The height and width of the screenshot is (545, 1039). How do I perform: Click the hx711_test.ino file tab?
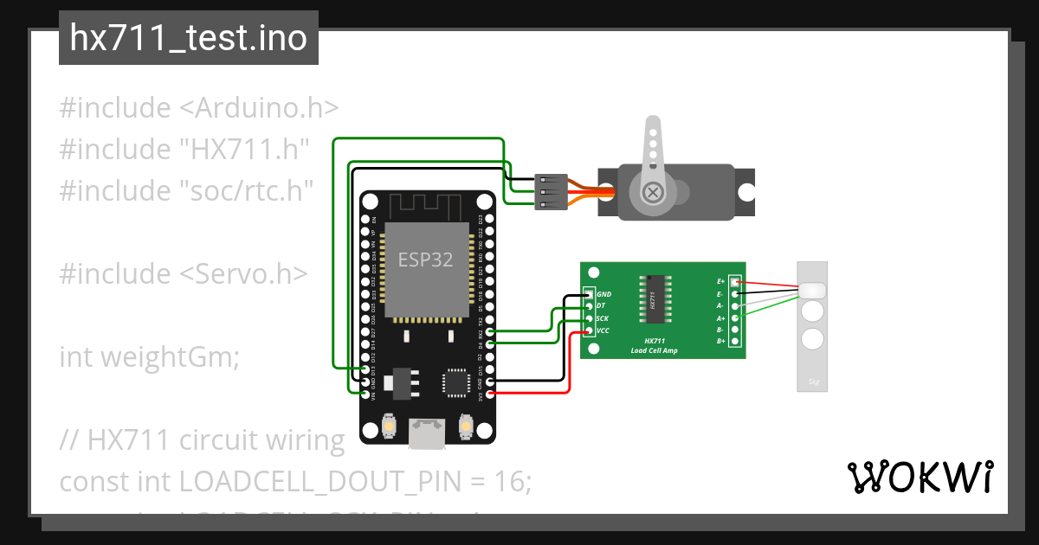tap(188, 38)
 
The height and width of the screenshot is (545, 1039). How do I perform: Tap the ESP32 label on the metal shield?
tap(425, 260)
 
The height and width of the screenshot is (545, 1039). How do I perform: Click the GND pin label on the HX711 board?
tap(603, 295)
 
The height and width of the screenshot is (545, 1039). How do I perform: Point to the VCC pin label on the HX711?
tap(603, 330)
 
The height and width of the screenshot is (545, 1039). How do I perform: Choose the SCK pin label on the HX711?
tap(603, 318)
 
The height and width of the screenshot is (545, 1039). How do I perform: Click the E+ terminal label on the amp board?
tap(720, 282)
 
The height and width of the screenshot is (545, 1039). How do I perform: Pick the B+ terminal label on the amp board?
tap(720, 342)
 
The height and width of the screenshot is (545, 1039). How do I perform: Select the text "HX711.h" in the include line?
tap(245, 149)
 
